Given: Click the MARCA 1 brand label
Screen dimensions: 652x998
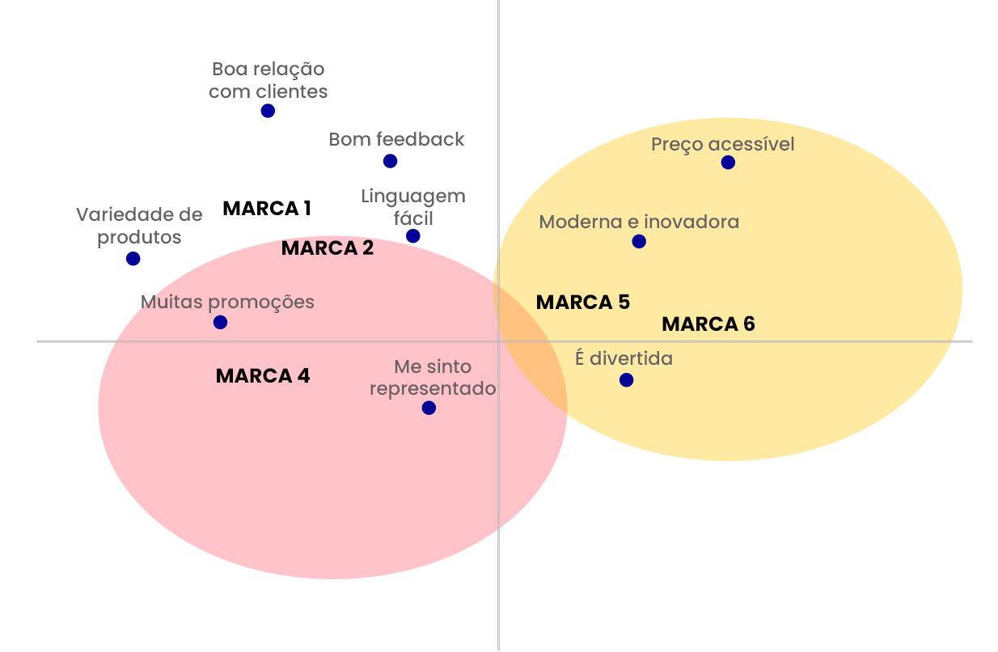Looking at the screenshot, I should coord(267,209).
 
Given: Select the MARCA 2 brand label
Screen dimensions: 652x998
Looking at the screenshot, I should coord(328,248).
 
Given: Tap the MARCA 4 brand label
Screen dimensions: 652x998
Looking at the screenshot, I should coord(263,376).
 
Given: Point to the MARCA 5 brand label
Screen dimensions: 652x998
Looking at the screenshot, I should coord(582,303).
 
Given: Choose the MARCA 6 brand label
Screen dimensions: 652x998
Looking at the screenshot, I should coord(708,324).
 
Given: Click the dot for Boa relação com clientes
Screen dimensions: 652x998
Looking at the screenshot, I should coord(268,111).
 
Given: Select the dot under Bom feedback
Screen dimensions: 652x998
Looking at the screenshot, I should coord(390,161).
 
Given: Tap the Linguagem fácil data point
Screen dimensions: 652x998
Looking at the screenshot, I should coord(413,236).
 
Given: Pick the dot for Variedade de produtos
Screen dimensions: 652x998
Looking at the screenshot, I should coord(133,259).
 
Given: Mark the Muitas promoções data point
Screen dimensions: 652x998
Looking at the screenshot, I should coord(220,322).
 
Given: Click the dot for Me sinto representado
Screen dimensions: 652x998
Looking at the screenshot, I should coord(429,408).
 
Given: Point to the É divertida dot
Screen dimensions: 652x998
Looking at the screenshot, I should coord(626,380).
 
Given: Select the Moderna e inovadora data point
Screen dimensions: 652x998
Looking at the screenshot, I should coord(639,241).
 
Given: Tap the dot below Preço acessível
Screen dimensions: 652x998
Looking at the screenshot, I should coord(728,163).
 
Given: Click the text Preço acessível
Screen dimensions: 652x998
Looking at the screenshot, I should coord(723,144).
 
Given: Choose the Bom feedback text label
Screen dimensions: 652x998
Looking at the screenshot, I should coord(396,139).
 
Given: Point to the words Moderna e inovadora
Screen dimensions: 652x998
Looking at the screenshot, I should coord(639,222).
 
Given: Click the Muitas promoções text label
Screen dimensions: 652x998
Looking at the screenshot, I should coord(227,303).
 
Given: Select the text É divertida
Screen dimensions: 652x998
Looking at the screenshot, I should coord(624,358).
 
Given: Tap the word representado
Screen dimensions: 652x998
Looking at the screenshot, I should coord(433,388).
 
